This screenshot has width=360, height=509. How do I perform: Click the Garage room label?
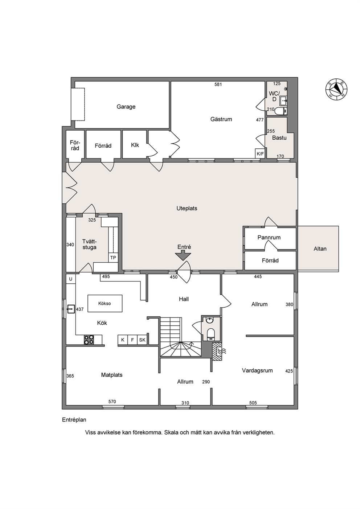[126, 107]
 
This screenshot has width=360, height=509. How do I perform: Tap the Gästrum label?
[221, 119]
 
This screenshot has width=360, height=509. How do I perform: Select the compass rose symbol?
[337, 89]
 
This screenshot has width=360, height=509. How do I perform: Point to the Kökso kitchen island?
[105, 303]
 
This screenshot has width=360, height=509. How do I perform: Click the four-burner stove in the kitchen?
[89, 340]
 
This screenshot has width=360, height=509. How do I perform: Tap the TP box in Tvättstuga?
[113, 258]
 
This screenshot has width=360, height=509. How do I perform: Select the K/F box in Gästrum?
[260, 154]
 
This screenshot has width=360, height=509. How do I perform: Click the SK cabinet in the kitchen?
[142, 340]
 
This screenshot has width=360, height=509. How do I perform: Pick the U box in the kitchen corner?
[71, 279]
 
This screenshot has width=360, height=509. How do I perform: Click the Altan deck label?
[320, 249]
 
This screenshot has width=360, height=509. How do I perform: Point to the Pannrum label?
[269, 238]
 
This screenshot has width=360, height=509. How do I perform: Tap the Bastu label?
[279, 138]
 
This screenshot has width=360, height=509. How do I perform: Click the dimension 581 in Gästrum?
[218, 85]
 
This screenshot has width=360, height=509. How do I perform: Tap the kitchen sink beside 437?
[71, 309]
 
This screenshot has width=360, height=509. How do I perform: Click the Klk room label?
[135, 145]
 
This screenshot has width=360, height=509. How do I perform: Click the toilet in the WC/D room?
[281, 111]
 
